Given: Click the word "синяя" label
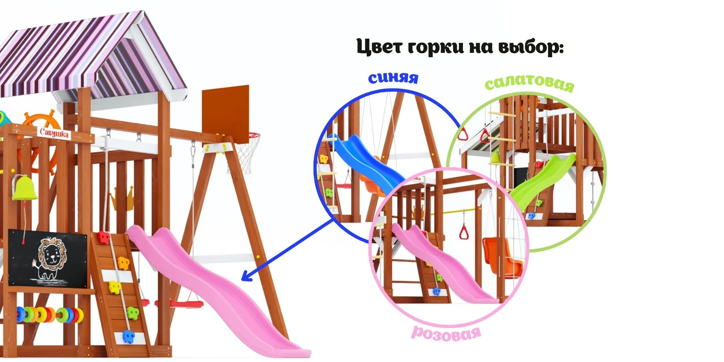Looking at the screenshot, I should tap(393, 78).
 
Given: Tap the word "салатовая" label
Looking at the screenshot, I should tap(529, 84).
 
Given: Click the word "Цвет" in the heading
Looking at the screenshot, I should tap(379, 47).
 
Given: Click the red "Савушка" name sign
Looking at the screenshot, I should tap(54, 133).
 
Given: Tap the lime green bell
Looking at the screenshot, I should tap(24, 188).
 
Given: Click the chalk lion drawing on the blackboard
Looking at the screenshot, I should tap(51, 258).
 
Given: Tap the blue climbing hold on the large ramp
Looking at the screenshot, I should tap(128, 336).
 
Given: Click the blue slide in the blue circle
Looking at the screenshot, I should tap(366, 159).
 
